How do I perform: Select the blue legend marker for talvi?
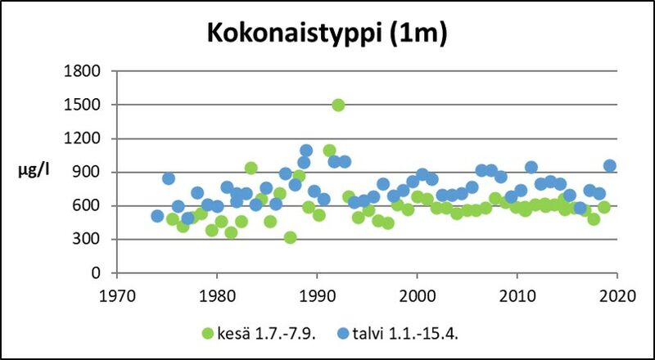pyautogui.click(x=345, y=333)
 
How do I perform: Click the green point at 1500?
pyautogui.click(x=338, y=105)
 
